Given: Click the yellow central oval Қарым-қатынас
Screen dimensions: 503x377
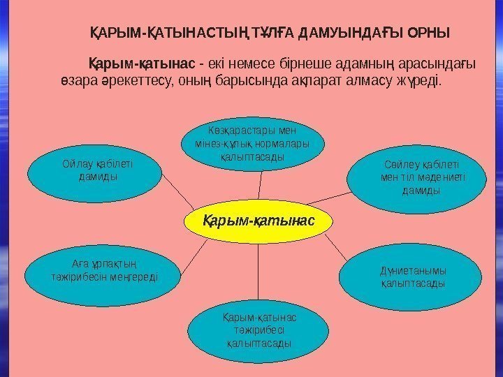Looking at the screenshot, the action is (258, 221).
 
